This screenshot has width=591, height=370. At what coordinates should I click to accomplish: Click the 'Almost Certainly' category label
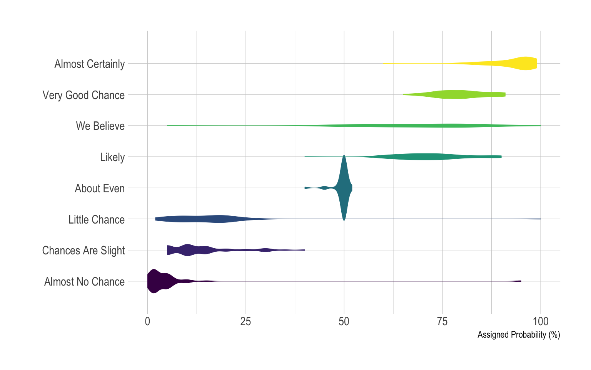pos(89,64)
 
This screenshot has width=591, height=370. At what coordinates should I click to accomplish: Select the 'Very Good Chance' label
pos(83,95)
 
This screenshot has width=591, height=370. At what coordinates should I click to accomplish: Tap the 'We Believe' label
pos(100,126)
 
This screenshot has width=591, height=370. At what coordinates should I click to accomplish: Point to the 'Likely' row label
pos(112,157)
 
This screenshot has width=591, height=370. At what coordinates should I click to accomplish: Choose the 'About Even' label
pos(100,188)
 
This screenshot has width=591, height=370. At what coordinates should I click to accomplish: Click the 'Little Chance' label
pos(97,220)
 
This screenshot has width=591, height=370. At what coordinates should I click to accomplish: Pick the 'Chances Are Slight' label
pos(83,251)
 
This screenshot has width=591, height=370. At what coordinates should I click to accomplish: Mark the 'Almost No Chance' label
pos(84,282)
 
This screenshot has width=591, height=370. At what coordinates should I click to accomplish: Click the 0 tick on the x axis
pos(147,322)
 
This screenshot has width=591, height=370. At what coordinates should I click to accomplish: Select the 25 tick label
pos(245,322)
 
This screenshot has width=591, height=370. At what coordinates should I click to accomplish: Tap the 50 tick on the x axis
pos(344,322)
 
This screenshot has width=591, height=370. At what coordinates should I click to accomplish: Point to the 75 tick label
pos(442,322)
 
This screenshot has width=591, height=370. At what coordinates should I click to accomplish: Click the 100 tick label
pos(541,322)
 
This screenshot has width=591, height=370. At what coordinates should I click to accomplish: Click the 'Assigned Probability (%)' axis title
pos(519,335)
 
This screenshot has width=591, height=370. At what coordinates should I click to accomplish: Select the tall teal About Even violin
pos(344,188)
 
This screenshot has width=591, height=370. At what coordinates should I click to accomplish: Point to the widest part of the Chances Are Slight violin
pos(188,250)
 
